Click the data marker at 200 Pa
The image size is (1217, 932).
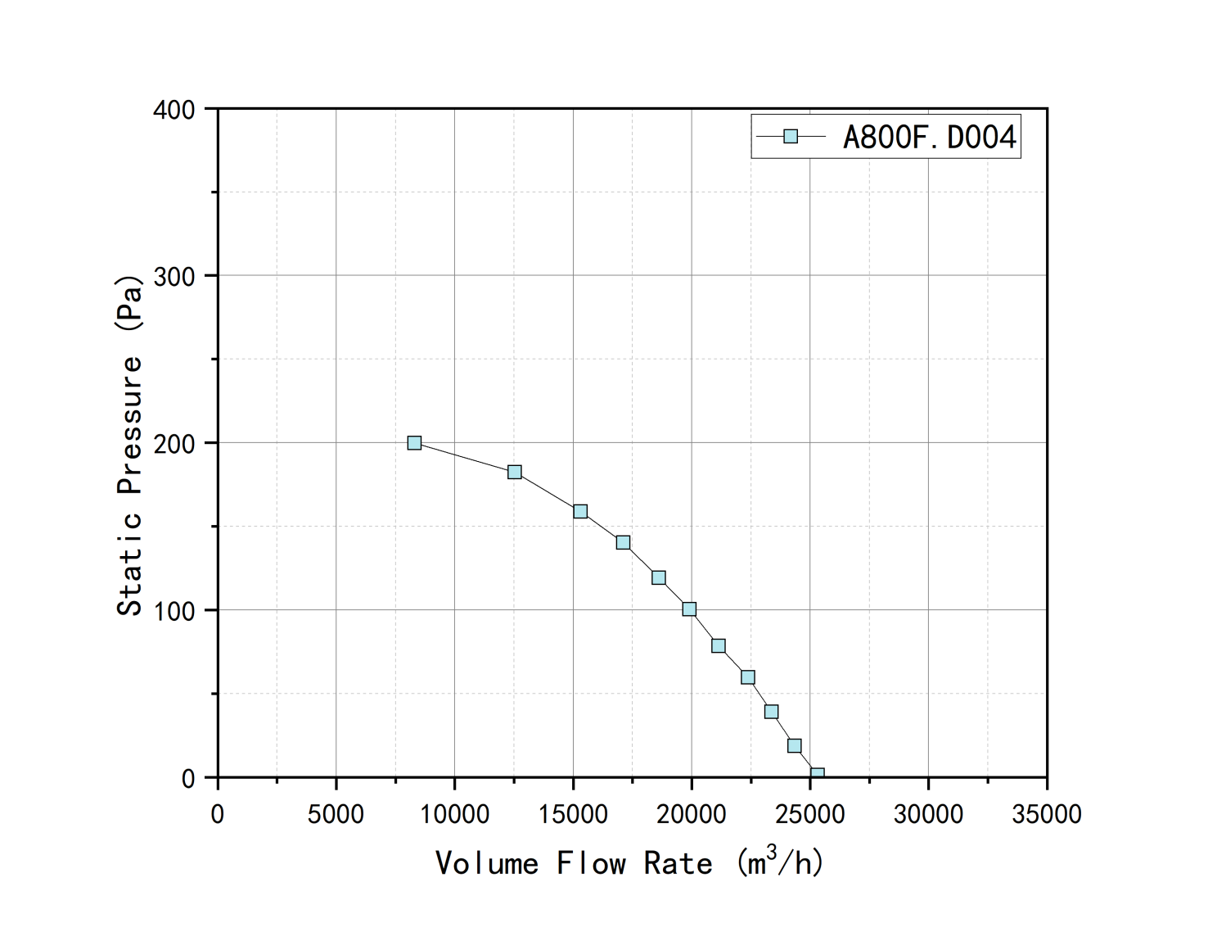pos(414,443)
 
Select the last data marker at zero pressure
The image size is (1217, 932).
pos(817,774)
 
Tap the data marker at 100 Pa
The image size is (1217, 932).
pos(689,609)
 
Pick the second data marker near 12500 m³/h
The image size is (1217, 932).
pos(515,472)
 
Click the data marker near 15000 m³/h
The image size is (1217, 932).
pos(580,512)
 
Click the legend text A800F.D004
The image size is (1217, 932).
pos(930,137)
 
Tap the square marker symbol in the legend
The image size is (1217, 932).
pos(791,137)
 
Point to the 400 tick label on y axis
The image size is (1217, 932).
pos(174,110)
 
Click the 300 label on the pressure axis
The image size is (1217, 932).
pos(174,277)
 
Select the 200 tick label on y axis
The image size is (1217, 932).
pos(174,444)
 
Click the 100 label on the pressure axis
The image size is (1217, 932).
pos(174,611)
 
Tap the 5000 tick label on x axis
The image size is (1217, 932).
pos(336,814)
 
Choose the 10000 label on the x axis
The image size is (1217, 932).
pos(454,814)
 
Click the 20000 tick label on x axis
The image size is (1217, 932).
pos(692,814)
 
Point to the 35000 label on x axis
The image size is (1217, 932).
pos(1047,814)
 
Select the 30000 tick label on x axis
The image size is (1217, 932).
pos(928,814)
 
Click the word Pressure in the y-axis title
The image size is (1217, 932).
pos(129,426)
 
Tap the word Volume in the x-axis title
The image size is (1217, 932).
pos(487,863)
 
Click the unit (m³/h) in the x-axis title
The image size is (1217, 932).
pos(780,862)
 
